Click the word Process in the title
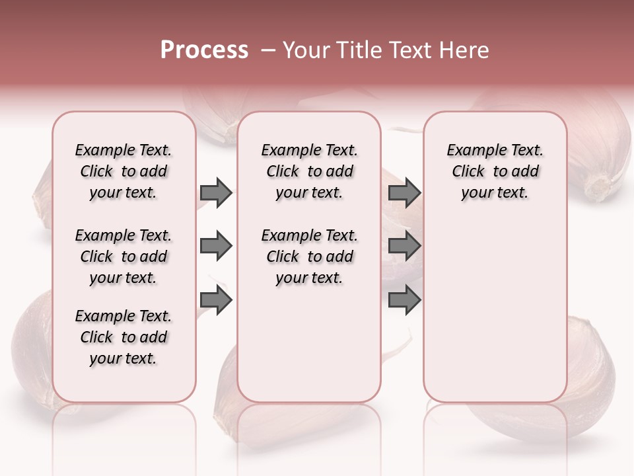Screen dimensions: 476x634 point(204,50)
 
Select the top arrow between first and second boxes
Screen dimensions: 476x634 point(216,192)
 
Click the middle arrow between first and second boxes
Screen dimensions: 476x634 point(216,247)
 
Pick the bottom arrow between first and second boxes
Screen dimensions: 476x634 point(216,301)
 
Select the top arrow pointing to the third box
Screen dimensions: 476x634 point(404,192)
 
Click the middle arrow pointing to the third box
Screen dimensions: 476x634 point(404,247)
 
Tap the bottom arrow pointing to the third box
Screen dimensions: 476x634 point(404,301)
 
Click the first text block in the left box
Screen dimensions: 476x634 point(123,171)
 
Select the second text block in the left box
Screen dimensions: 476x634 point(123,257)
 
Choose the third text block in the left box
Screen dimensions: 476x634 point(123,337)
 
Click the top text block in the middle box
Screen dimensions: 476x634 point(309,171)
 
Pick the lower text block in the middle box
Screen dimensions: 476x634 point(309,257)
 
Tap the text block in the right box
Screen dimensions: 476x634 point(495,171)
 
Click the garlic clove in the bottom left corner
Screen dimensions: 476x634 point(33,344)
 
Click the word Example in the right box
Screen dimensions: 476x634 point(472,151)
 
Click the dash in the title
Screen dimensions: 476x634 point(268,50)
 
